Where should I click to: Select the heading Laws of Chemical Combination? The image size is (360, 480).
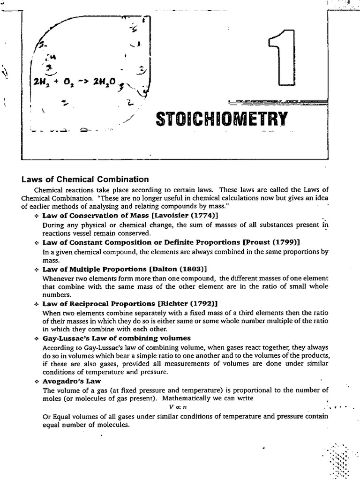85,179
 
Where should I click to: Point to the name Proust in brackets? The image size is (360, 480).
257,242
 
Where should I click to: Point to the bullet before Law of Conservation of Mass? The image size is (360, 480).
37,216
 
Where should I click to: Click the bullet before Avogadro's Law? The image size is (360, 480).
37,382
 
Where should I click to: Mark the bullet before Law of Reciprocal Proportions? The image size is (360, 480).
37,304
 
